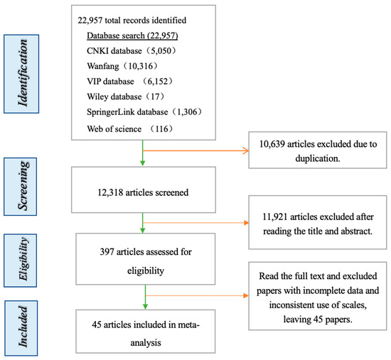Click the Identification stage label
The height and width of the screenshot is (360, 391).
(x=21, y=74)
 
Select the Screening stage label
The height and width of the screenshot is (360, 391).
(x=21, y=187)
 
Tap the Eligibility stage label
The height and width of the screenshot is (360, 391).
(x=21, y=261)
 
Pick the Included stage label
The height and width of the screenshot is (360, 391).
(x=21, y=328)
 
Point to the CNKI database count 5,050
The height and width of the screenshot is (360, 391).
(x=161, y=51)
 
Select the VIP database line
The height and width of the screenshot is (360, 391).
(x=129, y=82)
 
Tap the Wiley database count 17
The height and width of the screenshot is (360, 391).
(x=156, y=97)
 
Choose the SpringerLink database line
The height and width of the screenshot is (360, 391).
(x=144, y=112)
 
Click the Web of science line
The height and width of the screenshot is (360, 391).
(x=129, y=129)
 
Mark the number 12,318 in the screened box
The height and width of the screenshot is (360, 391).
(x=110, y=192)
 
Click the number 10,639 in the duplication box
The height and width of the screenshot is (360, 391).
(x=272, y=144)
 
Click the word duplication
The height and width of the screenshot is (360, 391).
(x=318, y=158)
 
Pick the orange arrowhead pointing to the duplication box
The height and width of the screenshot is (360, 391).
(x=246, y=151)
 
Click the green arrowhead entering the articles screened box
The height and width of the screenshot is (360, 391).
(x=143, y=163)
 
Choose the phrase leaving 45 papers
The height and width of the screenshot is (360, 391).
(x=318, y=320)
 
